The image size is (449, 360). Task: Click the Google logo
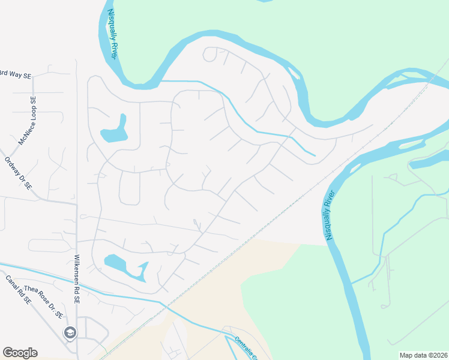20,353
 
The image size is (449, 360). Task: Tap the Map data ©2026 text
423,355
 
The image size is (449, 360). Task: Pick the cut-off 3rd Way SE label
14,74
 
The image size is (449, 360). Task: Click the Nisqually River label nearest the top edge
112,34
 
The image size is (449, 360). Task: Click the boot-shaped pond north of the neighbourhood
115,130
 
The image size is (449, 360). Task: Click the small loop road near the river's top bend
210,54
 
